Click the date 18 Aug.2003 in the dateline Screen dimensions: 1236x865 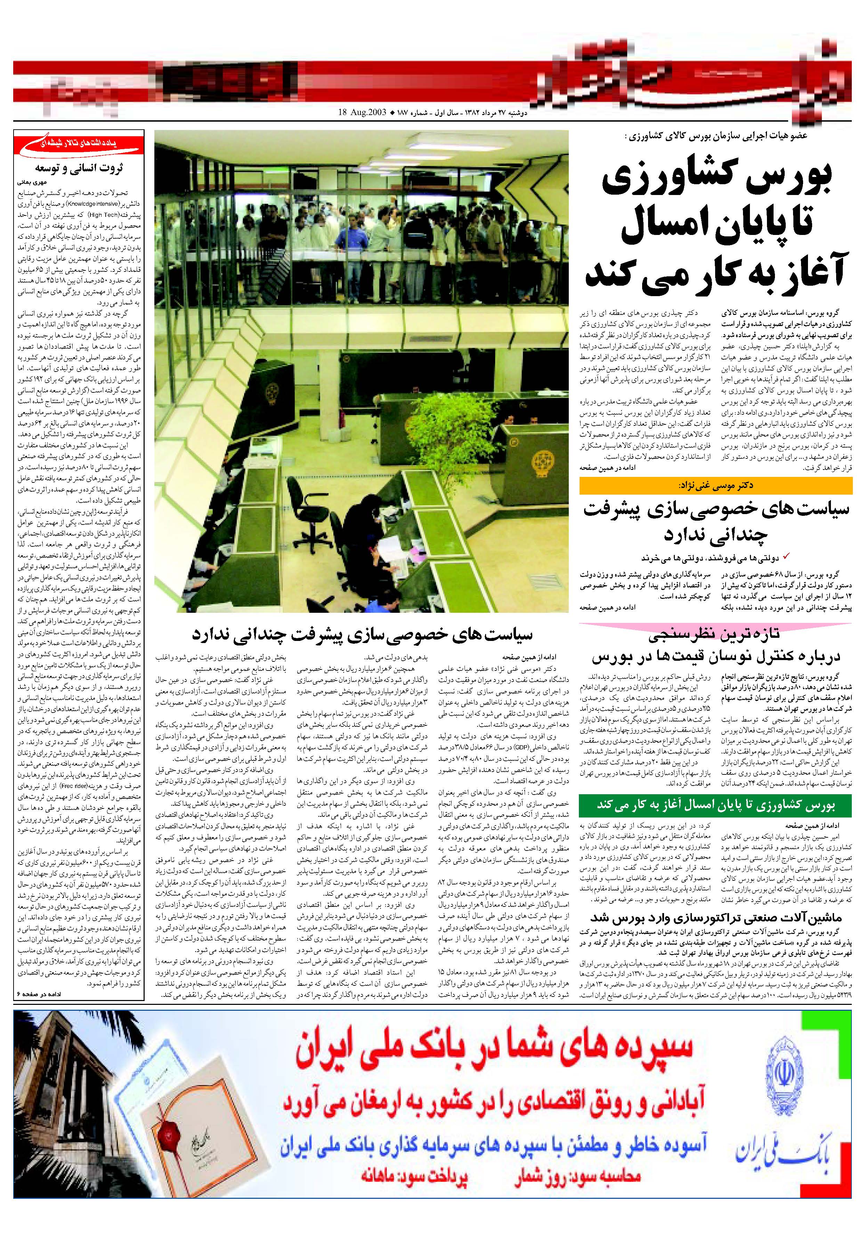(363, 113)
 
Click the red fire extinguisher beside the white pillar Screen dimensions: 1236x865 (342, 416)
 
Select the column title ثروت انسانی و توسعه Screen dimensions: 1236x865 (79, 168)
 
